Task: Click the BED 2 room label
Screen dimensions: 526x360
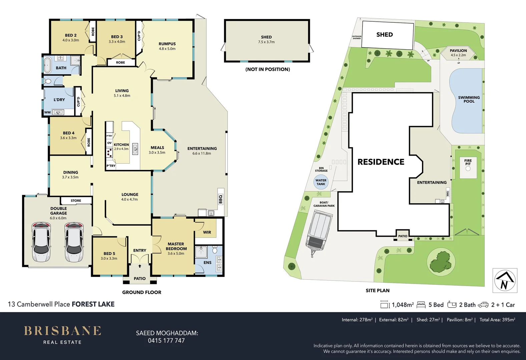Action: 71,35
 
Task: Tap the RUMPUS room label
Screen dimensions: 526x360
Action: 167,44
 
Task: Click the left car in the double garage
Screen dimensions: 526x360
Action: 41,242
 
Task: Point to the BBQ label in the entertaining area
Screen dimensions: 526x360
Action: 220,199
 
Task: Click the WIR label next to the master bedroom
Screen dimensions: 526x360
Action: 207,232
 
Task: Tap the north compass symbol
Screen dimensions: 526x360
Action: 505,280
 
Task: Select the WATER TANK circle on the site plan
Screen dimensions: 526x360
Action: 321,182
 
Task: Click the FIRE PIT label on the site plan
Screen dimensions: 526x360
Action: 468,162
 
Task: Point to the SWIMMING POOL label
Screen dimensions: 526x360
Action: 469,99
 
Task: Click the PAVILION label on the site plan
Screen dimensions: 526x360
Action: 458,50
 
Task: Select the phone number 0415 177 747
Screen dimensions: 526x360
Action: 166,341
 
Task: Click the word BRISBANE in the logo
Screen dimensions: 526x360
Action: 62,331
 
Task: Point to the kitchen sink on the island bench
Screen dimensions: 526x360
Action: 135,149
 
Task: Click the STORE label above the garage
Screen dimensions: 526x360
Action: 76,201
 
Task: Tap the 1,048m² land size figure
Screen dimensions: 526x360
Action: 403,305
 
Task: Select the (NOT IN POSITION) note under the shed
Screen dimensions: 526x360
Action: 268,69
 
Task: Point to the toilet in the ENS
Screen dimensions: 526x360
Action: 214,250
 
